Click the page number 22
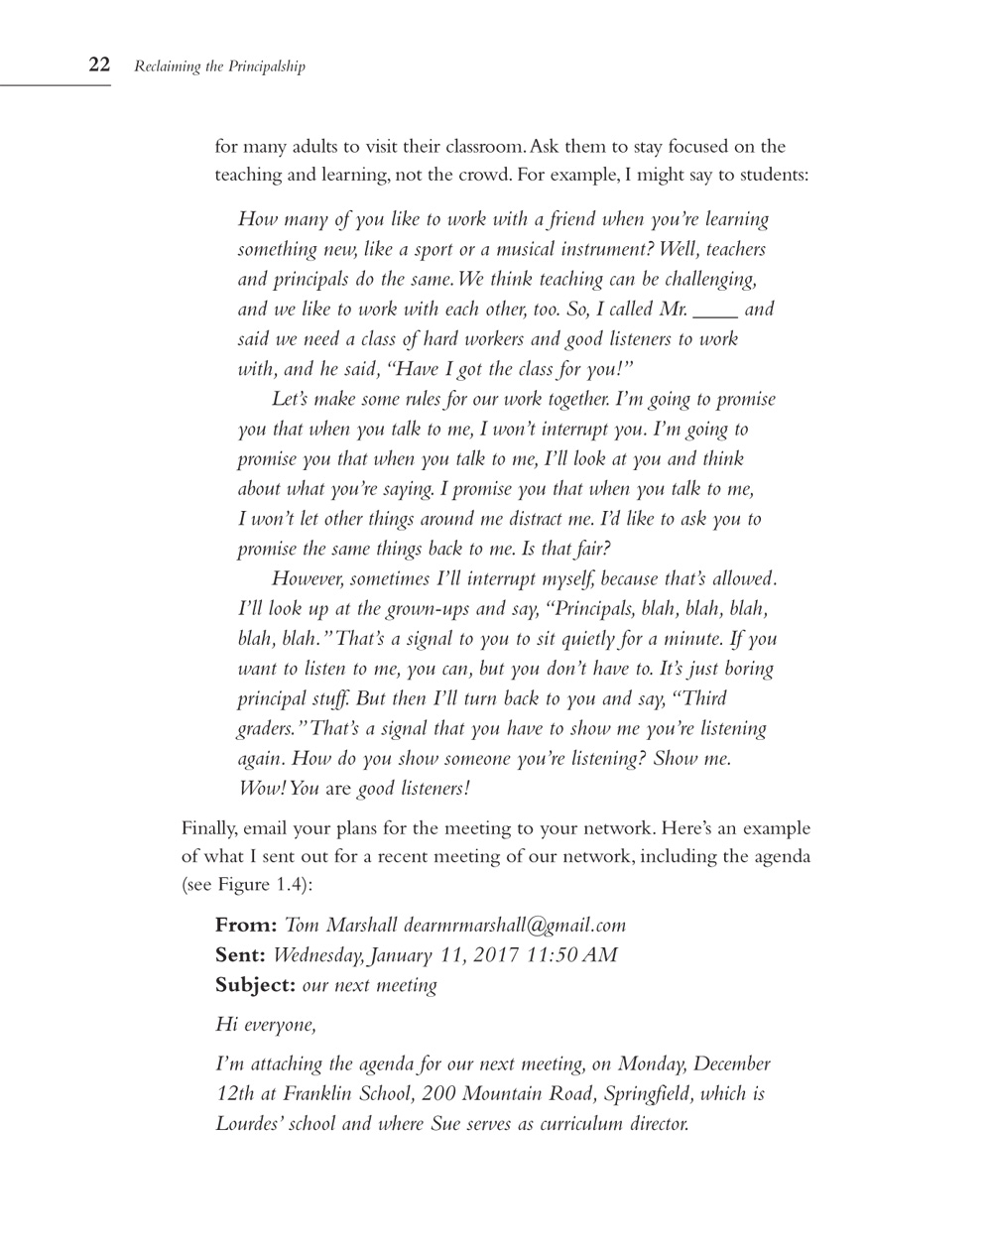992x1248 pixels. coord(99,65)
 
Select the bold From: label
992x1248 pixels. coord(246,925)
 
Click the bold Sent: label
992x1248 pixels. coord(241,954)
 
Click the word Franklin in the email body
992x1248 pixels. coord(318,1094)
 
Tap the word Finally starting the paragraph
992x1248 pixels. coord(211,827)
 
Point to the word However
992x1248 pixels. coord(308,578)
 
